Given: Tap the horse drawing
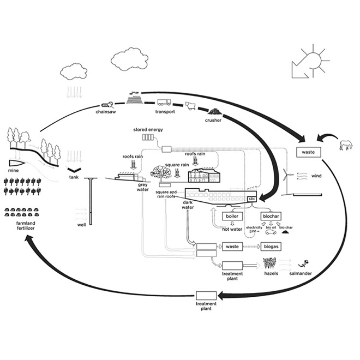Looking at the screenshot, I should (345, 145).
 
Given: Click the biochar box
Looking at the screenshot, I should (271, 216).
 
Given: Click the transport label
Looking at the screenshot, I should (164, 112).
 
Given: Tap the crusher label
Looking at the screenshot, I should (213, 120).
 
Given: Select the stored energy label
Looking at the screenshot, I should (148, 130).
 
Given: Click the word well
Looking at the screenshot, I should (82, 225).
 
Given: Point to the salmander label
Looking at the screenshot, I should (300, 273).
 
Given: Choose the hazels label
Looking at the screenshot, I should (271, 273).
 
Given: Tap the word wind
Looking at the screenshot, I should (317, 176).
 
